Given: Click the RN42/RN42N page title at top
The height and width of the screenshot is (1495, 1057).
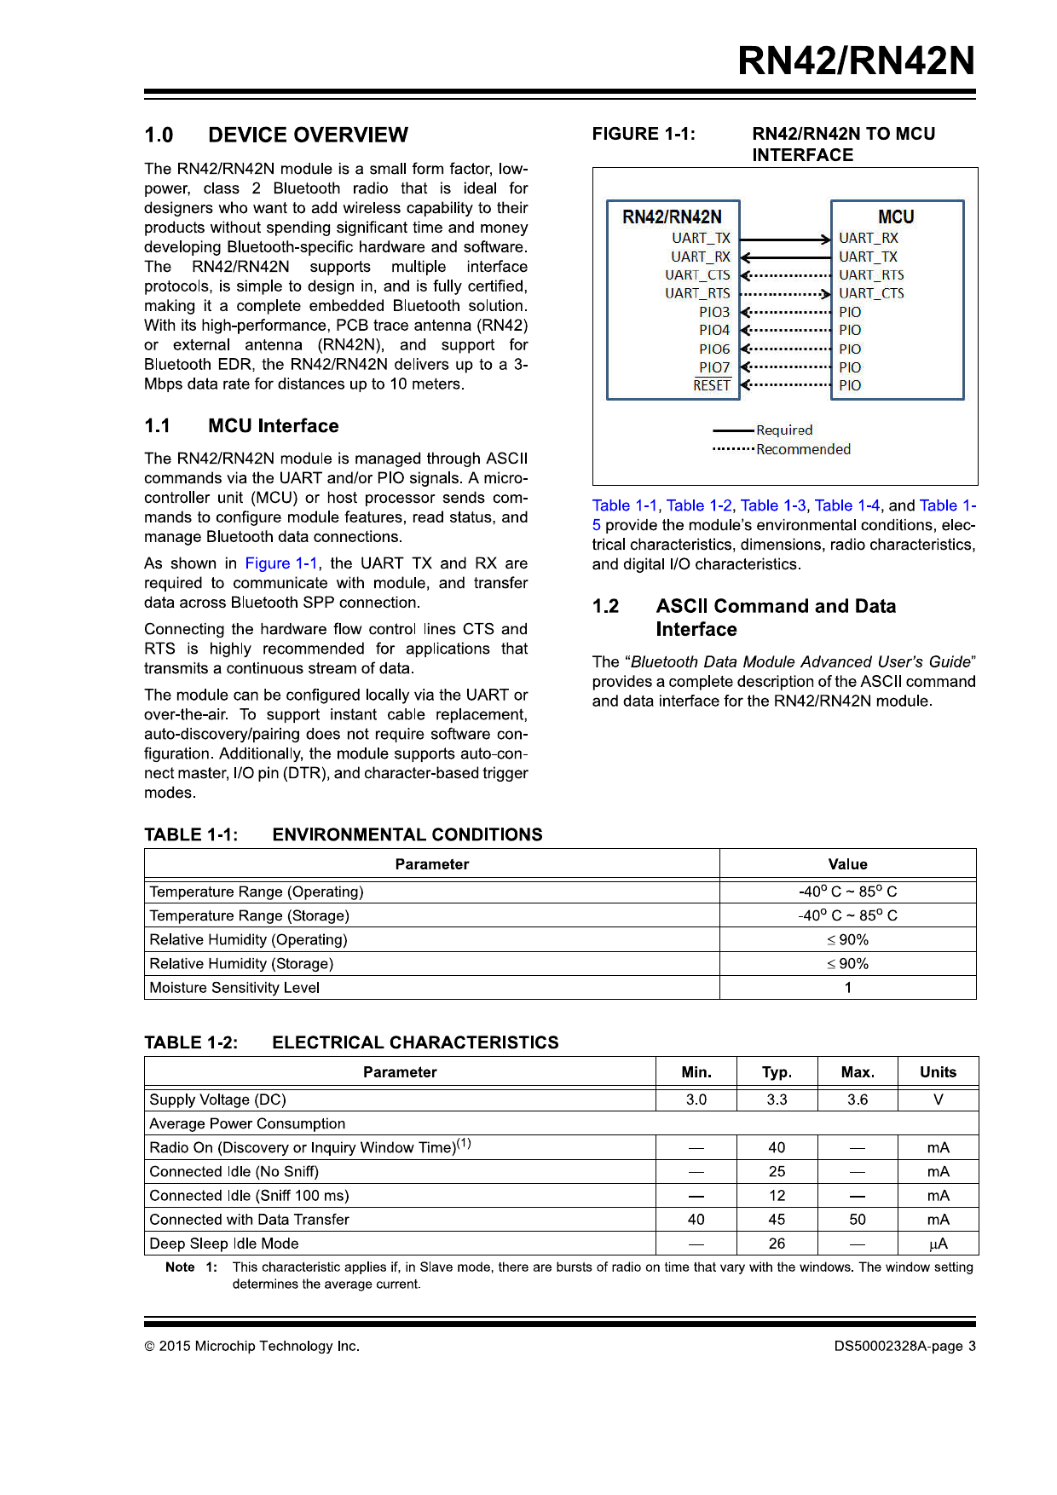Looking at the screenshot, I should click(x=856, y=61).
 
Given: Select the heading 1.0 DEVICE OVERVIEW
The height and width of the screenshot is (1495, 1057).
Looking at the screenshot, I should click(x=276, y=135).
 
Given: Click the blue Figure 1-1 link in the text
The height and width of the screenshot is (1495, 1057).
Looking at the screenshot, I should click(x=281, y=563).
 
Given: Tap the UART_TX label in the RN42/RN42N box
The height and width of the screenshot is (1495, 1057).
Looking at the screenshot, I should click(x=701, y=239).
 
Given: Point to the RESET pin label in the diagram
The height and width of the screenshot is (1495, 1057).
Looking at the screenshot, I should click(x=712, y=385).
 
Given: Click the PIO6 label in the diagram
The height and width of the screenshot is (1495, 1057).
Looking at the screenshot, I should click(x=714, y=349).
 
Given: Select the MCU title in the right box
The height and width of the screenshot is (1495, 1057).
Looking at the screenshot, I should click(x=896, y=216).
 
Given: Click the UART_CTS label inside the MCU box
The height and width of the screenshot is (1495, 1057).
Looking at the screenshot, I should click(x=871, y=293).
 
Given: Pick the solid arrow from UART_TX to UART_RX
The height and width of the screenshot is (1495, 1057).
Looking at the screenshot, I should click(x=785, y=240).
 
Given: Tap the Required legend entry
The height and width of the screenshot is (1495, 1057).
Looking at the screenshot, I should click(x=783, y=430).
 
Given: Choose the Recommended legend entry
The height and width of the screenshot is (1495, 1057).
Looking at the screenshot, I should click(x=803, y=449).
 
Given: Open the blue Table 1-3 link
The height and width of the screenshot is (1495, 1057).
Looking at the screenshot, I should click(x=772, y=505).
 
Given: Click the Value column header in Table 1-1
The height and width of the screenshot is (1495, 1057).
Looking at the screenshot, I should click(x=847, y=864).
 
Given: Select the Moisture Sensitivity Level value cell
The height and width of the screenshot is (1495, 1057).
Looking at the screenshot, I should click(x=847, y=988).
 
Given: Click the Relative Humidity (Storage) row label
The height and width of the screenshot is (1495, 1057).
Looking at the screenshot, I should click(x=241, y=964).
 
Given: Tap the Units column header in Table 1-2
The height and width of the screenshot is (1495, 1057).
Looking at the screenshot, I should click(x=938, y=1072).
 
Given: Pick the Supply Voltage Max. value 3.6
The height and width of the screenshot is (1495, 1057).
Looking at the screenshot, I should click(x=858, y=1100).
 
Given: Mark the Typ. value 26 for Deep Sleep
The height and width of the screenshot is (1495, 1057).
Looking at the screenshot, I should click(x=777, y=1244).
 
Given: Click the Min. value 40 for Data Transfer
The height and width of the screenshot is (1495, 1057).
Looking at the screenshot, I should click(x=696, y=1220).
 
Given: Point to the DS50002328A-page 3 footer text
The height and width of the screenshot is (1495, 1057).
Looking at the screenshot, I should click(x=904, y=1347).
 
